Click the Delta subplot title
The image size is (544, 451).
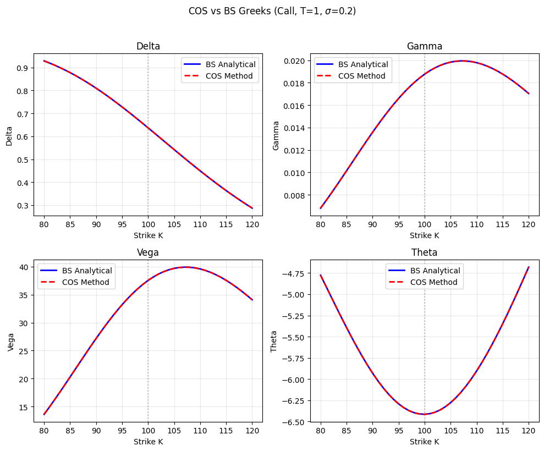pos(148,46)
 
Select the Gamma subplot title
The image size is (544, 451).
pos(424,46)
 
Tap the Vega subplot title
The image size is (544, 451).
pos(148,252)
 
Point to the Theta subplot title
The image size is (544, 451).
pos(424,252)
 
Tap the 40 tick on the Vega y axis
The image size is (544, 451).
pos(25,267)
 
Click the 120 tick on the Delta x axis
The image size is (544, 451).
pos(252,224)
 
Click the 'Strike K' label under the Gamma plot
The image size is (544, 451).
pos(424,235)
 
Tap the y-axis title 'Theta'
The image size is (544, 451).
pos(274,341)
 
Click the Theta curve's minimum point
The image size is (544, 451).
pos(424,414)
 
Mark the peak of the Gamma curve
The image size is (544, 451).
pos(462,61)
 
